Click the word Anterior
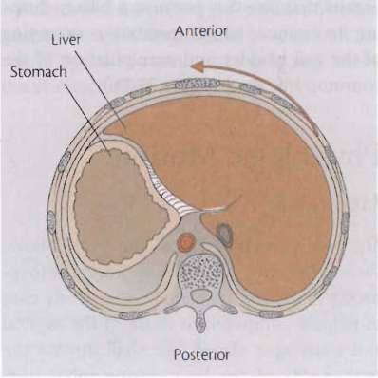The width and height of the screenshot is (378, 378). point(200,32)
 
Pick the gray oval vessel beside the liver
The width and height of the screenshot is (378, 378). point(225,231)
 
